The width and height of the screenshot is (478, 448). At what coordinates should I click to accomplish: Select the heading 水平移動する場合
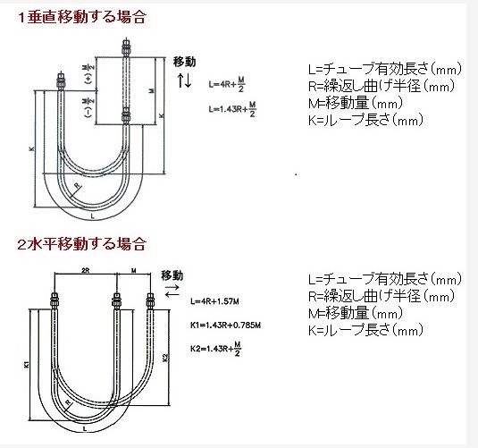[x=87, y=244]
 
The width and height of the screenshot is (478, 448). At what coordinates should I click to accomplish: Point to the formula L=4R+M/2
[x=227, y=85]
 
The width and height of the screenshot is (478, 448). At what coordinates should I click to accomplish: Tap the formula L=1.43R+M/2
[x=232, y=109]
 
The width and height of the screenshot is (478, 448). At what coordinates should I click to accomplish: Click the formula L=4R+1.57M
[x=214, y=302]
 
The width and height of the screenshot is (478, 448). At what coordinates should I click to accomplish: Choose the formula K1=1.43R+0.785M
[x=225, y=325]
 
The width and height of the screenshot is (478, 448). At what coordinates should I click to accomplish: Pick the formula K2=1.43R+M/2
[x=216, y=349]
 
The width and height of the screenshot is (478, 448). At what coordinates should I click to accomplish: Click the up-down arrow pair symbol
[x=184, y=80]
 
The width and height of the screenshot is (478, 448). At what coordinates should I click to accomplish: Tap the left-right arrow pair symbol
[x=172, y=291]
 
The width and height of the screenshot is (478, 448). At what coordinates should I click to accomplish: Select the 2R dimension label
[x=86, y=270]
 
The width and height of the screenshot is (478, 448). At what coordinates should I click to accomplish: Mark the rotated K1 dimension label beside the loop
[x=27, y=364]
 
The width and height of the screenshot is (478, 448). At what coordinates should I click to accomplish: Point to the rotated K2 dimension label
[x=165, y=358]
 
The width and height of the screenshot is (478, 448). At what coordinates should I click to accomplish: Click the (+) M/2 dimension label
[x=89, y=74]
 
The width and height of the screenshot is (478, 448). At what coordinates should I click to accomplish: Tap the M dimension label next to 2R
[x=133, y=270]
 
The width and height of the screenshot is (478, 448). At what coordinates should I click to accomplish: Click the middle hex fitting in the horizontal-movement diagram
[x=116, y=301]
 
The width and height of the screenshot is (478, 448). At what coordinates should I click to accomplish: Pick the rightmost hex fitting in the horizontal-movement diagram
[x=150, y=301]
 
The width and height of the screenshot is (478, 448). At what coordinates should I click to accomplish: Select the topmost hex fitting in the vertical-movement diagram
[x=126, y=47]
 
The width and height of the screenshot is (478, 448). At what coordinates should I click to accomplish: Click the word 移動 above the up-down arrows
[x=184, y=62]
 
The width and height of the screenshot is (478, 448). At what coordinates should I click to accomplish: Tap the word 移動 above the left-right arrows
[x=172, y=275]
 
